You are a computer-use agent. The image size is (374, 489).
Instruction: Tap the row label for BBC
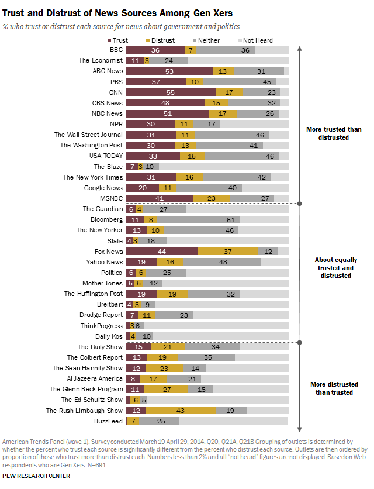coord(116,50)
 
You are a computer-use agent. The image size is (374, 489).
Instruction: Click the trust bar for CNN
coord(171,92)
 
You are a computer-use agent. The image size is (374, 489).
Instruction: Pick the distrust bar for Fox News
coord(228,251)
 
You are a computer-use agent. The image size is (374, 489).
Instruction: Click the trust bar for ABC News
coord(169,71)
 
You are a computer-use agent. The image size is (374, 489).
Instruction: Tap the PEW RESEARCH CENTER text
coord(36,476)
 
